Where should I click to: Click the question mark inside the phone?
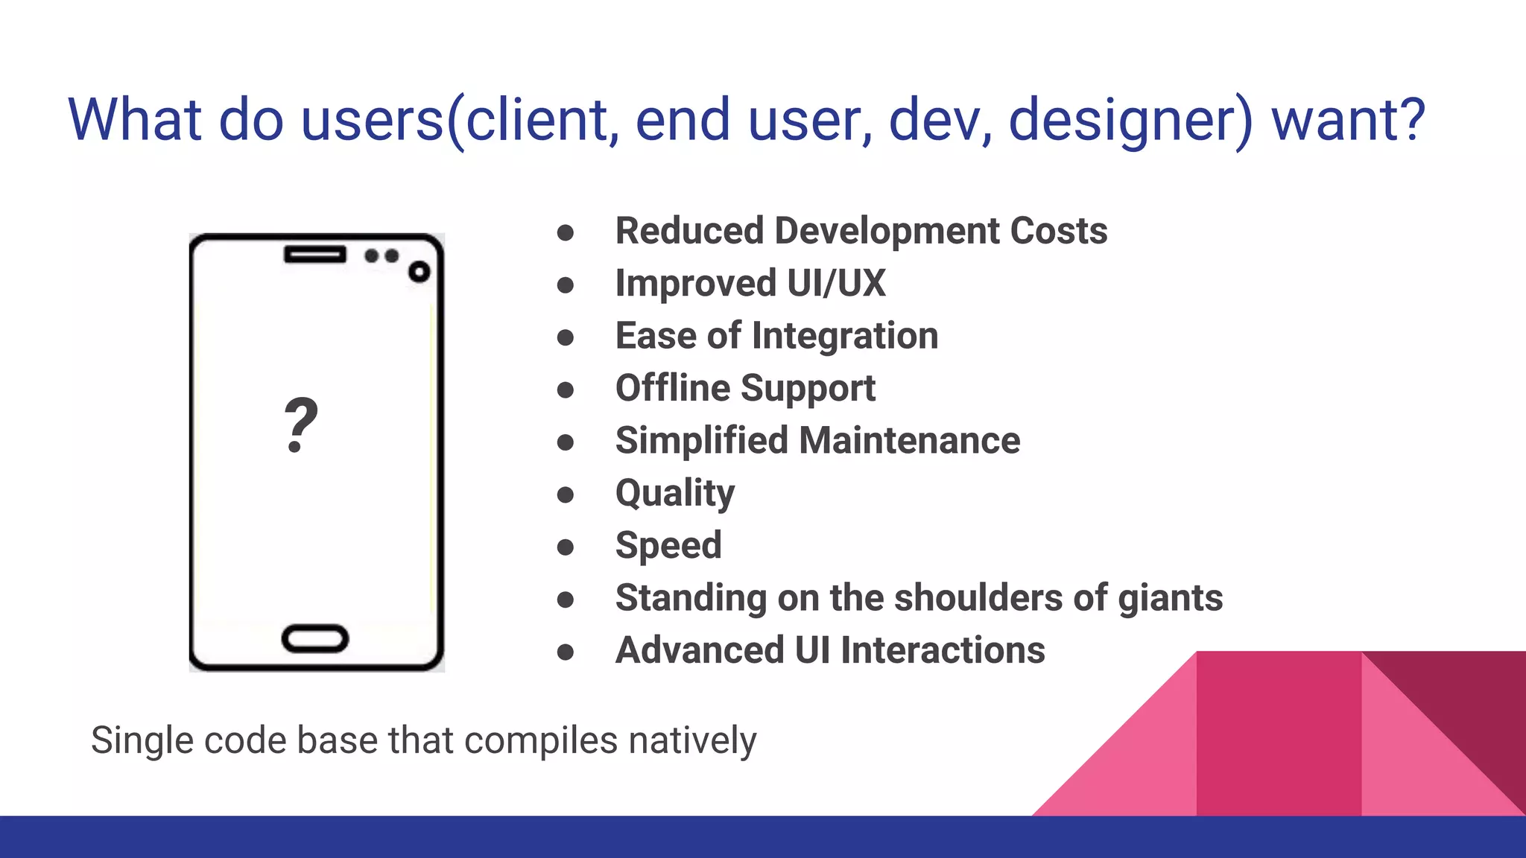[301, 425]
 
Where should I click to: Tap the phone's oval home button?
[315, 639]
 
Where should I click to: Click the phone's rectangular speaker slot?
[315, 255]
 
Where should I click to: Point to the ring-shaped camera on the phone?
[420, 272]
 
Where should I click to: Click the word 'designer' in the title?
[1122, 121]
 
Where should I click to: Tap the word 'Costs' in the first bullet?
[1058, 231]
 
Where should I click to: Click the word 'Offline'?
[672, 388]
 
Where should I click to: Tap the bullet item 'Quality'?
[675, 493]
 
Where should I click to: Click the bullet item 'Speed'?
[668, 545]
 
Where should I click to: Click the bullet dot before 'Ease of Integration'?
[566, 338]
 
